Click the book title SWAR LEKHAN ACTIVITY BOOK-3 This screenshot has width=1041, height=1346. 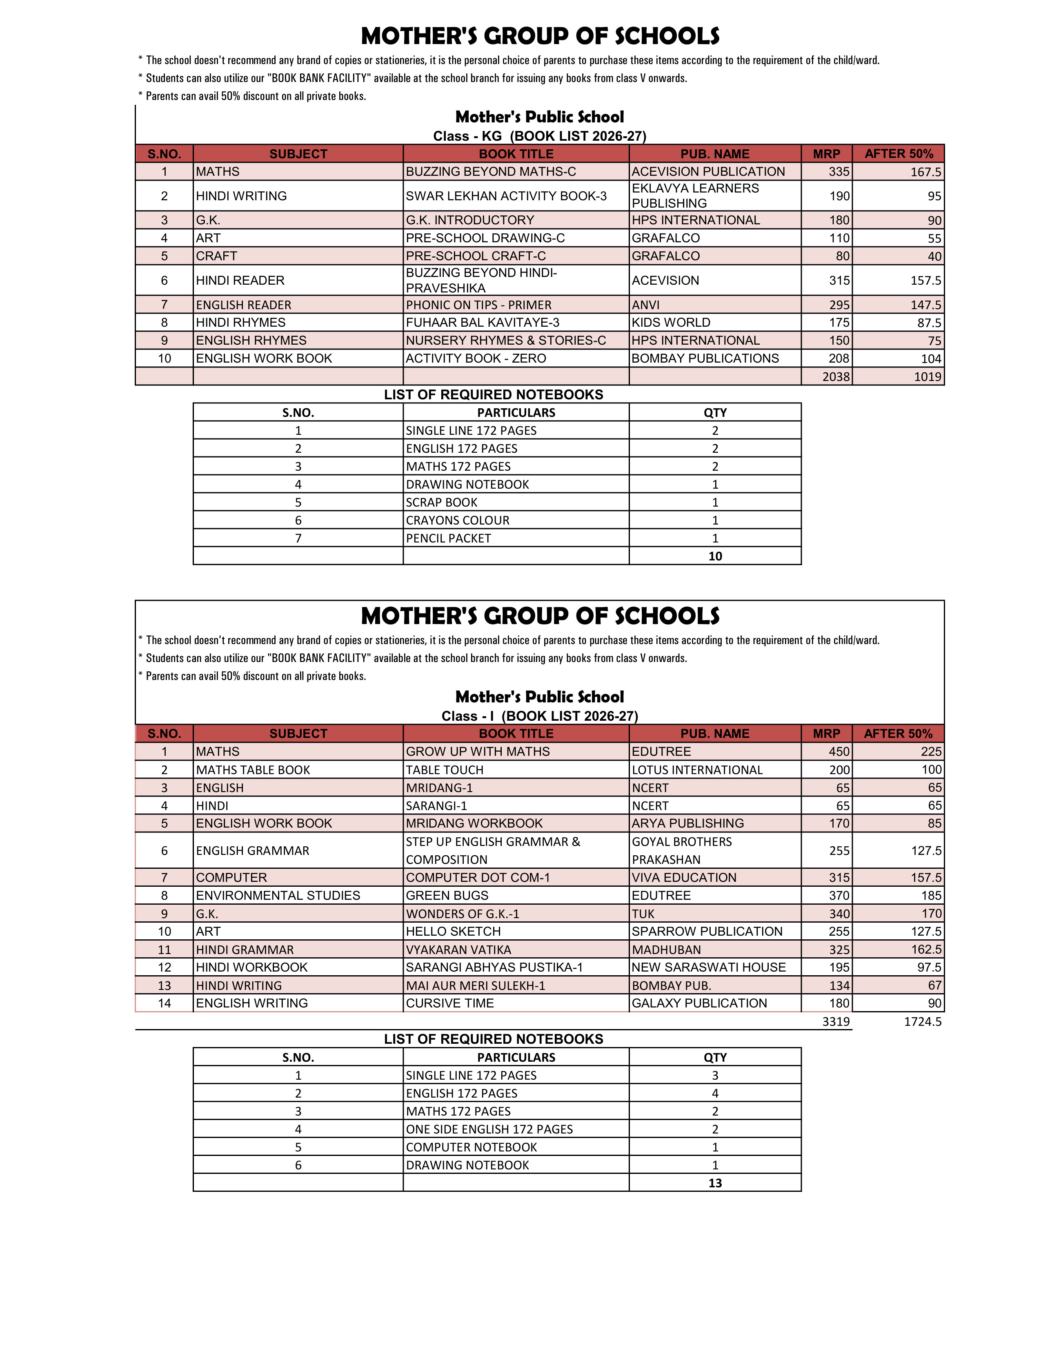(x=506, y=196)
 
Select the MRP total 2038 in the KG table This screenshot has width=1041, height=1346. (x=836, y=376)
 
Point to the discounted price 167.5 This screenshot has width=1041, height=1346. (x=926, y=172)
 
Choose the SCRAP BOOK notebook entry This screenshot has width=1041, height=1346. (x=442, y=502)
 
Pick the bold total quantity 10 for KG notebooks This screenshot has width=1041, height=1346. (x=715, y=556)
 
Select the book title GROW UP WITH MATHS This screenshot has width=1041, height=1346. (x=477, y=751)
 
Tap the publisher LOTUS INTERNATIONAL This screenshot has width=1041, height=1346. (x=697, y=770)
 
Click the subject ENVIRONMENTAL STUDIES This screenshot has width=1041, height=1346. (x=278, y=895)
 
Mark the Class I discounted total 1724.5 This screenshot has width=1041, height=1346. (x=923, y=1022)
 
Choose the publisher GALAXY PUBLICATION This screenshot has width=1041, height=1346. (x=699, y=1003)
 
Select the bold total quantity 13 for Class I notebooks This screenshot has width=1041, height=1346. (x=715, y=1183)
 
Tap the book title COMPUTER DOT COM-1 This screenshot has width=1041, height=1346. (x=477, y=878)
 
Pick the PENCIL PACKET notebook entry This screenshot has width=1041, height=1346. (x=448, y=538)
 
